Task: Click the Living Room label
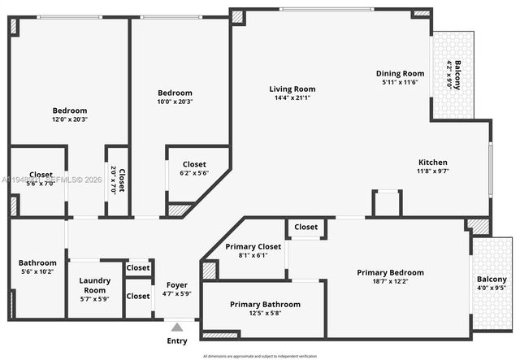292,89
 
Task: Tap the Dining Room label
400,73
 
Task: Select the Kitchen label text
432,162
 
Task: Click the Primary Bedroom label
390,272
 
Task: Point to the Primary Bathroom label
265,304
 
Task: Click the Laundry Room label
94,285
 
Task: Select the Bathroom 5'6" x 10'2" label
38,267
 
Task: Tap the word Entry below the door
176,340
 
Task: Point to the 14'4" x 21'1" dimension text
292,98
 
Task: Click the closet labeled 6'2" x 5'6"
193,168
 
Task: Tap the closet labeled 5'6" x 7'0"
41,179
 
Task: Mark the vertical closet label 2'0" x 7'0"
119,180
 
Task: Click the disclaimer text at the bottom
259,356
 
